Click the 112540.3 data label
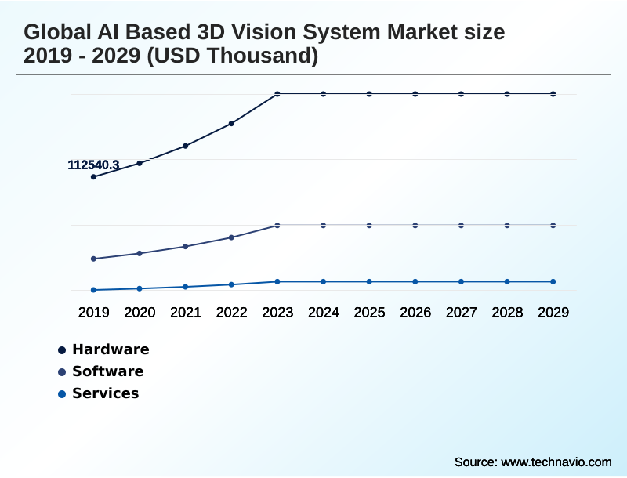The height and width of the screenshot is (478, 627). coord(93,165)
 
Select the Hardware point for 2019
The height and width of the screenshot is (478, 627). coord(93,177)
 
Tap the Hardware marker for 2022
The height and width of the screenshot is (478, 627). coord(231,123)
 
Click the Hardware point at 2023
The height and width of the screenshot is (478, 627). coord(277,94)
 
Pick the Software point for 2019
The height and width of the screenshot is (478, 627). coord(93,259)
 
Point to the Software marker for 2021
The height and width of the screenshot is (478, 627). coord(186,246)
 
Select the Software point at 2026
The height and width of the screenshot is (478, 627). coord(415,226)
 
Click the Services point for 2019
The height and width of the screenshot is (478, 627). coord(93,290)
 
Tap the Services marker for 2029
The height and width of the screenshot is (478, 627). coord(553,281)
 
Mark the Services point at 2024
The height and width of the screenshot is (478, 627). coord(323,281)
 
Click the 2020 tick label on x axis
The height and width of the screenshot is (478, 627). coord(140,313)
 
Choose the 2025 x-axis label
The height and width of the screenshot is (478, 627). coord(369,313)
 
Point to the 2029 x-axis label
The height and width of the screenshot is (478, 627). coord(553,313)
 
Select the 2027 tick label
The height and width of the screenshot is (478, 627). coord(462,313)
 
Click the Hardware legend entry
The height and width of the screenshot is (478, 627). coord(110,349)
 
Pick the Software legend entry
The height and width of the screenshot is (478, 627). coord(107,371)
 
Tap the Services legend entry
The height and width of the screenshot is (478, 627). coord(105,393)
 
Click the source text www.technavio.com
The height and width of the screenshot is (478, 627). coord(556,462)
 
